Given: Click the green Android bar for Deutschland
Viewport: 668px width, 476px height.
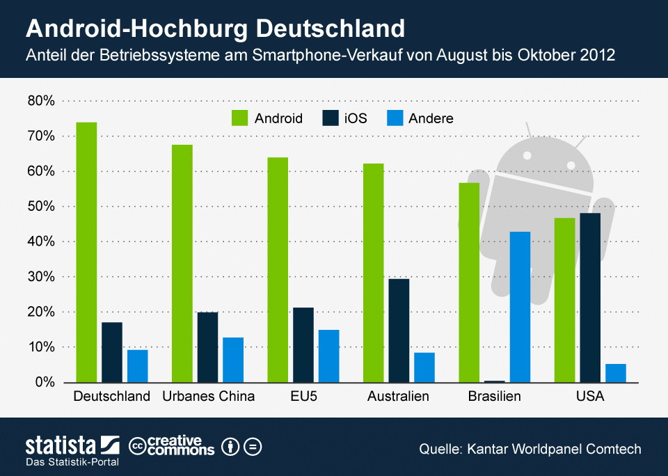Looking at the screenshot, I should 86,252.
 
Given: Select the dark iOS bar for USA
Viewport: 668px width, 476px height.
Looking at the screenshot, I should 590,298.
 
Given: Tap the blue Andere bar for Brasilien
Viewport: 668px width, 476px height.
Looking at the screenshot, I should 520,307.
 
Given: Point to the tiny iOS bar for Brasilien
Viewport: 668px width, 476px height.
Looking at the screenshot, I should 494,381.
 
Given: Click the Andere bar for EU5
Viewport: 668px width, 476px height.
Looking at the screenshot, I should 328,356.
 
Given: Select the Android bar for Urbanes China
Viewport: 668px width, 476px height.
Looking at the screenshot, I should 182,264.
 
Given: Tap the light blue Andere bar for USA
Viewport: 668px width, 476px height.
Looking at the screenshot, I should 616,373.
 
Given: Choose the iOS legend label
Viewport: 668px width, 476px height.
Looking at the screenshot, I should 355,118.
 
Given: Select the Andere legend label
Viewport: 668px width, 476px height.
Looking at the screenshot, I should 431,118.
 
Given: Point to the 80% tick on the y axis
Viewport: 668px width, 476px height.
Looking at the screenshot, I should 41,101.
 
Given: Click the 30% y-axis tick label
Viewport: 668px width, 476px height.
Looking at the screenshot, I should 41,277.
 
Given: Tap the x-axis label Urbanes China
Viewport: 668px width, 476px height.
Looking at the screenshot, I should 208,397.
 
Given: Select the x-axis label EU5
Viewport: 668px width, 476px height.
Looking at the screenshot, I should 303,397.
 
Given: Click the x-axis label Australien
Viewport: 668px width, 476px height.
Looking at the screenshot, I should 398,397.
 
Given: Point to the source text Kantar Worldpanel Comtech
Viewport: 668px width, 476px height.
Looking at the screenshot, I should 552,449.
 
